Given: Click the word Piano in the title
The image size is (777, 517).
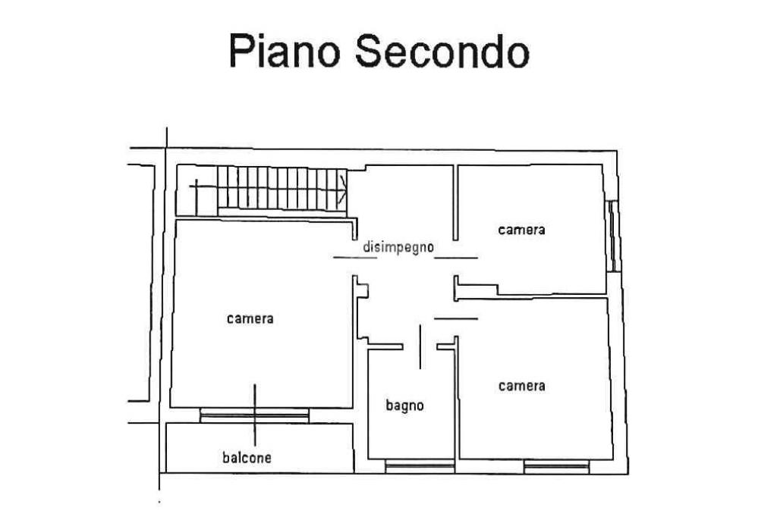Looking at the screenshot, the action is coord(281,52).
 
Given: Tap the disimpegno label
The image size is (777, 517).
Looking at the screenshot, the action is coord(398,247).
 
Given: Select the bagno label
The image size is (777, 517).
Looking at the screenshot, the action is coord(404,406).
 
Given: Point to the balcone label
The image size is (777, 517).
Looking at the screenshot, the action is coord(247,457).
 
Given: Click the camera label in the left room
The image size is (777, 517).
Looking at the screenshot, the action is coord(250,318).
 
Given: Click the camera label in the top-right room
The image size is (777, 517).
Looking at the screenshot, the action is coord(521,229).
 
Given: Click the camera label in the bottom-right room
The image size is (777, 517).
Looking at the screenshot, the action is coord(521,386).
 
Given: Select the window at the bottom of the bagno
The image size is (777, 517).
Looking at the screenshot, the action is coord(419,467).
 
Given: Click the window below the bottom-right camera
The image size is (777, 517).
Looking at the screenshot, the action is coord(556,467).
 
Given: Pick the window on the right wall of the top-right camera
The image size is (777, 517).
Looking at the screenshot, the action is coord(612,235).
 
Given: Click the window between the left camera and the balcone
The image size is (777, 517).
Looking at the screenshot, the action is coord(254,415).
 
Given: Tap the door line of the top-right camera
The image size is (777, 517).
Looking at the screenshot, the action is coord(456,258).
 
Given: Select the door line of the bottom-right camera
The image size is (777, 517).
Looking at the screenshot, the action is coord(455,318).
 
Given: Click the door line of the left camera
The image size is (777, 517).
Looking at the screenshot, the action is coord(355,258).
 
